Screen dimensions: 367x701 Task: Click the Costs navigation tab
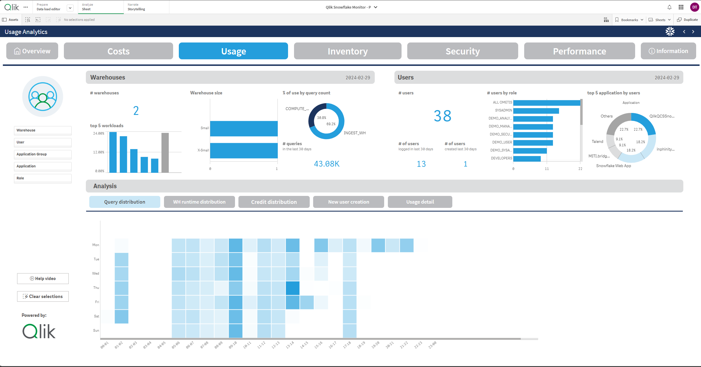coord(118,51)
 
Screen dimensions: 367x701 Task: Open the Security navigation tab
coord(462,51)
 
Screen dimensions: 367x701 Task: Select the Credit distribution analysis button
coord(274,202)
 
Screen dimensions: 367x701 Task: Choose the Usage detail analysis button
coord(420,202)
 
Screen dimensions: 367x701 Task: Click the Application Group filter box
coord(42,154)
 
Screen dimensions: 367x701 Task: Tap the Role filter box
coord(42,178)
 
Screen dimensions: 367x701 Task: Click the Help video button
coord(43,279)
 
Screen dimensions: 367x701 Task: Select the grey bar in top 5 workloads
coord(165,153)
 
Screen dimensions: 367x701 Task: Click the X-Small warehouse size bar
coord(244,150)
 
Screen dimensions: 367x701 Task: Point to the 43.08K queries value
coord(327,164)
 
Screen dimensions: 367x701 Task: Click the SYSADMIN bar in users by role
coord(536,111)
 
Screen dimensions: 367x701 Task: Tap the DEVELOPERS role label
coord(501,158)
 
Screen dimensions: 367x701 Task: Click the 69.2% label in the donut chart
coord(331,124)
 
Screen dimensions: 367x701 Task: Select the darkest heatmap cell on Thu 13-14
coord(293,288)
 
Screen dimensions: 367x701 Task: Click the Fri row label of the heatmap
coord(97,302)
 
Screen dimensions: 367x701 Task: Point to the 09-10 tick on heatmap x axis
coord(233,345)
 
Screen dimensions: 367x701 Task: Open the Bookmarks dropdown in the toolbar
coord(629,20)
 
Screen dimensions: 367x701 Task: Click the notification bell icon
coord(669,7)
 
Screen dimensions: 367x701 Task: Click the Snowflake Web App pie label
coord(613,166)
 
